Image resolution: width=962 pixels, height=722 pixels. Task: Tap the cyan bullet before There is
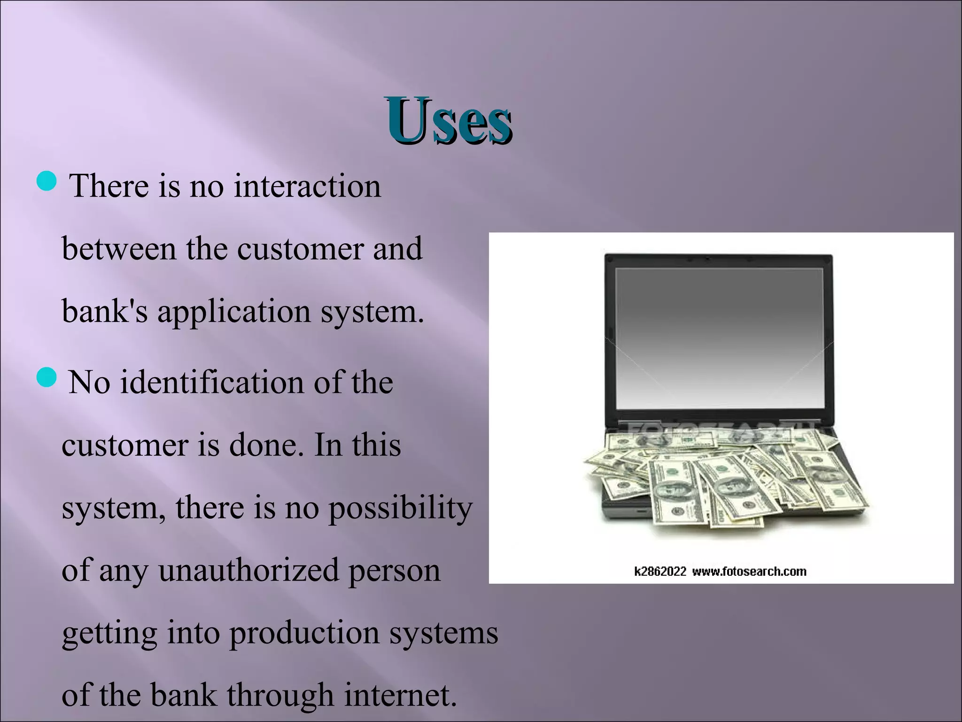(46, 180)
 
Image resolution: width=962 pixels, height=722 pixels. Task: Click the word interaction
(307, 186)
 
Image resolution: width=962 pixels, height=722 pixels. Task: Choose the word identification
(212, 382)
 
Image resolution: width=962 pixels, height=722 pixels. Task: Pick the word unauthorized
(248, 570)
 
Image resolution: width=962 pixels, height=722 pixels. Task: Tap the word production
(304, 633)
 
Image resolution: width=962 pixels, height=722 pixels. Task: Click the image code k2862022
(660, 572)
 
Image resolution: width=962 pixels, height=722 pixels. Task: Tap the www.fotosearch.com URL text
(749, 572)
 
